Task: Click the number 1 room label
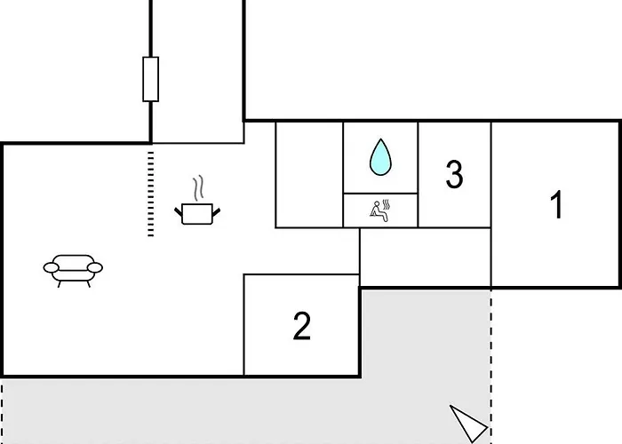[556, 205]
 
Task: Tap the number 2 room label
[302, 327]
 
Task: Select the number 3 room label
[454, 175]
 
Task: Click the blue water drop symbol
[380, 156]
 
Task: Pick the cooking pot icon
[197, 213]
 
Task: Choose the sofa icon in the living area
[73, 267]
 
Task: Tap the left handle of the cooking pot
[179, 210]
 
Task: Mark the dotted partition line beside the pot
[150, 194]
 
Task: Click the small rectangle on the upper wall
[150, 79]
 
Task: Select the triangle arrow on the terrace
[467, 419]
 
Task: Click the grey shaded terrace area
[267, 408]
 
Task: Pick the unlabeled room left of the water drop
[309, 174]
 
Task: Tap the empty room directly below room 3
[425, 257]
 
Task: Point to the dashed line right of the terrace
[490, 364]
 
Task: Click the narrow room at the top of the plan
[197, 71]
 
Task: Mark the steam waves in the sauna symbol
[389, 211]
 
